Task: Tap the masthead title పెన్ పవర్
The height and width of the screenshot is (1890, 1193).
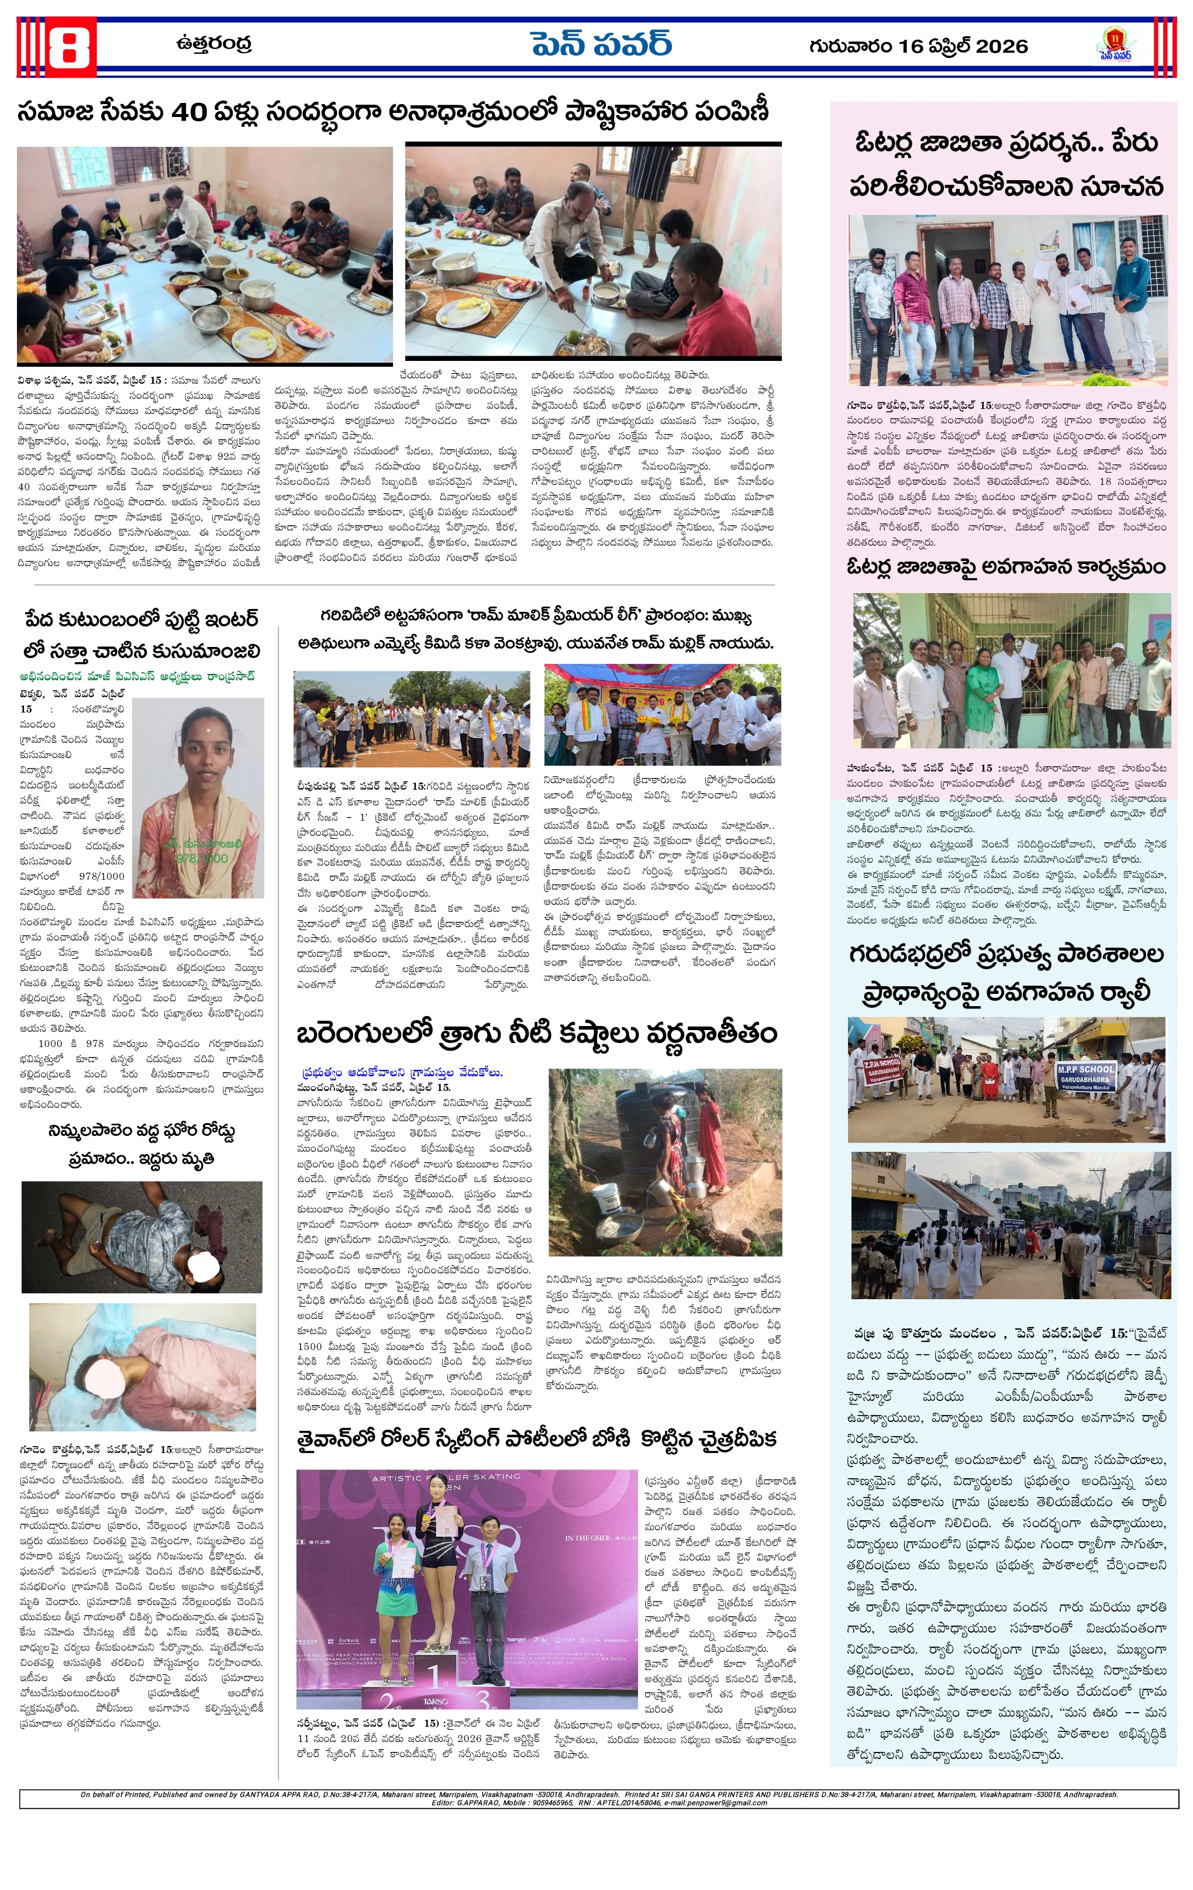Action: click(601, 44)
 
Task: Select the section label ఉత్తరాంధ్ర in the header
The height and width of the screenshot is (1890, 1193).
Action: click(214, 44)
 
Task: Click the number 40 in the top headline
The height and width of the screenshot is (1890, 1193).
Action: click(188, 112)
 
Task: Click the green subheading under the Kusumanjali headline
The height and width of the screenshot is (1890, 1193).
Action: click(138, 677)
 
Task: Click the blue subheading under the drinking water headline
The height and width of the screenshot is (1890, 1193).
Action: click(402, 1072)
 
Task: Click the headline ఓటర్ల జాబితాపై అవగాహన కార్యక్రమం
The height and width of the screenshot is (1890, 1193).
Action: click(1006, 567)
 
